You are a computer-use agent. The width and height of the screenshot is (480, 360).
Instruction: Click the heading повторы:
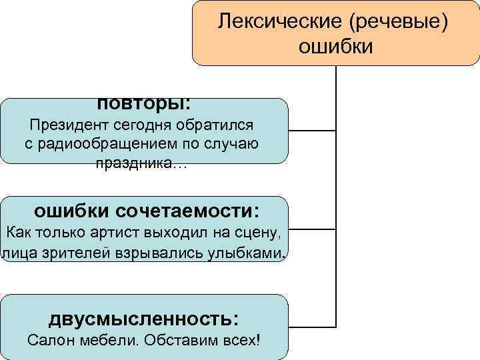click(144, 104)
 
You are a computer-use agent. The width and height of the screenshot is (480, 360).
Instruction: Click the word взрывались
click(147, 253)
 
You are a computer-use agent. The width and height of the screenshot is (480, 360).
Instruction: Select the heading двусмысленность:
click(144, 317)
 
